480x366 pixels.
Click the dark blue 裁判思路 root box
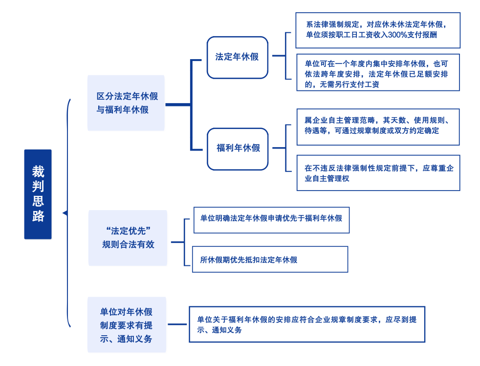(x=38, y=194)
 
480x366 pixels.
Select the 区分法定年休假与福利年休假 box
(x=126, y=103)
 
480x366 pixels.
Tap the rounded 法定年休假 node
(x=237, y=57)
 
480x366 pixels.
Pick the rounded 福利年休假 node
(x=238, y=149)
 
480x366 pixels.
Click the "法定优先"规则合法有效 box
(x=128, y=237)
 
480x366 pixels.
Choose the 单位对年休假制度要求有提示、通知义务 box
(x=127, y=324)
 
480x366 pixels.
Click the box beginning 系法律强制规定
(x=378, y=30)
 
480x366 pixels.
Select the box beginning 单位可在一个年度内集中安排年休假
(x=378, y=72)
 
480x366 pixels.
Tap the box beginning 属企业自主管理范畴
(x=378, y=127)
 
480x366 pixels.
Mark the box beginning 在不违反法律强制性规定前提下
(x=378, y=173)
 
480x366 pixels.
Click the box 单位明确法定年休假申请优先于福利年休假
(x=271, y=219)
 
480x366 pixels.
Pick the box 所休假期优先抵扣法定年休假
(x=270, y=259)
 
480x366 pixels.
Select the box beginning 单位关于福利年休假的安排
(x=306, y=324)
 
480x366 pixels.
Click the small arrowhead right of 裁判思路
(x=65, y=213)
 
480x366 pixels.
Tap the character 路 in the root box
(x=38, y=216)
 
